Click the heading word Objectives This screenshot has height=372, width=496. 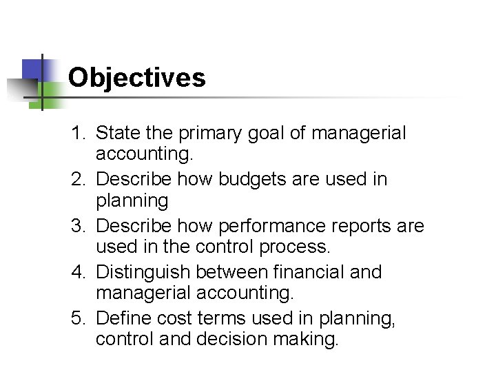click(137, 77)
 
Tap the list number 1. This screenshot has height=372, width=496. click(77, 132)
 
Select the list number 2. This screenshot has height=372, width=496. click(77, 179)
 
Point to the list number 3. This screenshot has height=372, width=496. click(77, 226)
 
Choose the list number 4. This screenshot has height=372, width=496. click(77, 272)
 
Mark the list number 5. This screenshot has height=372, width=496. click(77, 318)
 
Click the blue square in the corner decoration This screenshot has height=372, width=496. click(33, 70)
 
